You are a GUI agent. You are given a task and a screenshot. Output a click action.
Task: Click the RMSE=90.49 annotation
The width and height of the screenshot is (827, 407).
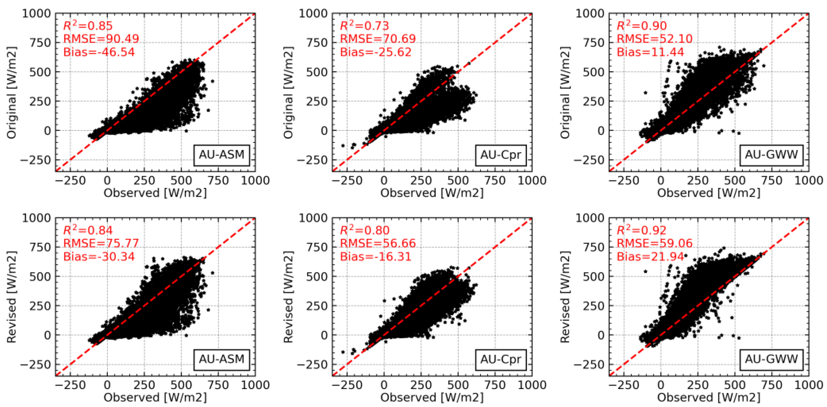pyautogui.click(x=101, y=39)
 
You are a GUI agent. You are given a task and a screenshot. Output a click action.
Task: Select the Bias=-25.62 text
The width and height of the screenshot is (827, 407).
pyautogui.click(x=376, y=52)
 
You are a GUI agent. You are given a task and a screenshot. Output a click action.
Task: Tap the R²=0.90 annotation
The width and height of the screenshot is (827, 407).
pyautogui.click(x=641, y=26)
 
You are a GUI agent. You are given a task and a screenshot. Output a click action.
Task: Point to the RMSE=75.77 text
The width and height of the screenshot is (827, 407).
pyautogui.click(x=101, y=243)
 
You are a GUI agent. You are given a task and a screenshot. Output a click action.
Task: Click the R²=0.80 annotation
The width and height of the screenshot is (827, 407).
pyautogui.click(x=364, y=230)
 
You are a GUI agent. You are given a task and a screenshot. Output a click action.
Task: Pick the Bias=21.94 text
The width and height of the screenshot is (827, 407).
pyautogui.click(x=650, y=257)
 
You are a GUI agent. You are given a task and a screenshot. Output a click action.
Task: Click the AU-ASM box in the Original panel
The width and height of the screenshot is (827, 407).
pyautogui.click(x=222, y=155)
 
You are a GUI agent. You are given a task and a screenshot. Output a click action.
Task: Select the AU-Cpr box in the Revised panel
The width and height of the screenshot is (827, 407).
pyautogui.click(x=500, y=359)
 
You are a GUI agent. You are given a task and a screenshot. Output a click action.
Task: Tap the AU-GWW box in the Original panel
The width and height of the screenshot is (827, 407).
pyautogui.click(x=771, y=155)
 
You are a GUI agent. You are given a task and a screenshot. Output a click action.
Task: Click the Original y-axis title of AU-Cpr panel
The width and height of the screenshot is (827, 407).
pyautogui.click(x=288, y=93)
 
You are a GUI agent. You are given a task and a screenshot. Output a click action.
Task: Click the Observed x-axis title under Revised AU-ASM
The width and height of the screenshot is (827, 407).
pyautogui.click(x=155, y=397)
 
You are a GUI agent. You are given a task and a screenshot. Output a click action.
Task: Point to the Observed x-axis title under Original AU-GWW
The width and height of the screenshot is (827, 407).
pyautogui.click(x=709, y=193)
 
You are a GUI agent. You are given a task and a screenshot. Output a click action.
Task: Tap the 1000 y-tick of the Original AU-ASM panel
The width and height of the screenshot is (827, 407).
pyautogui.click(x=36, y=13)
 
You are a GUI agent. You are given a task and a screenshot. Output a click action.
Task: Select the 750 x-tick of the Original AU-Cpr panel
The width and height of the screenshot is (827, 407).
pyautogui.click(x=495, y=181)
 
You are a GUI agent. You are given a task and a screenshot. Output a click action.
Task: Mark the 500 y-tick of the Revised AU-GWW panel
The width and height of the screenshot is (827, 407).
pyautogui.click(x=593, y=277)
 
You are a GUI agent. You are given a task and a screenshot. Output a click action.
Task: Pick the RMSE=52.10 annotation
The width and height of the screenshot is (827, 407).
pyautogui.click(x=654, y=39)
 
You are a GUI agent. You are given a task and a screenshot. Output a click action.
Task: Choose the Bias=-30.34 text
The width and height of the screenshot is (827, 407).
pyautogui.click(x=99, y=257)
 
